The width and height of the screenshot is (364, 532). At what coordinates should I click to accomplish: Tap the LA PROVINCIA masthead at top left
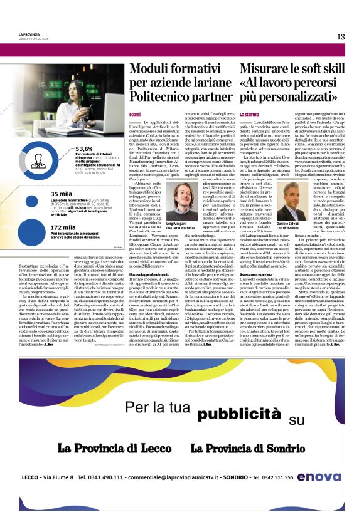(x=29, y=34)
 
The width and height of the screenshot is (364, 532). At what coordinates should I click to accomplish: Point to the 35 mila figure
(x=62, y=194)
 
